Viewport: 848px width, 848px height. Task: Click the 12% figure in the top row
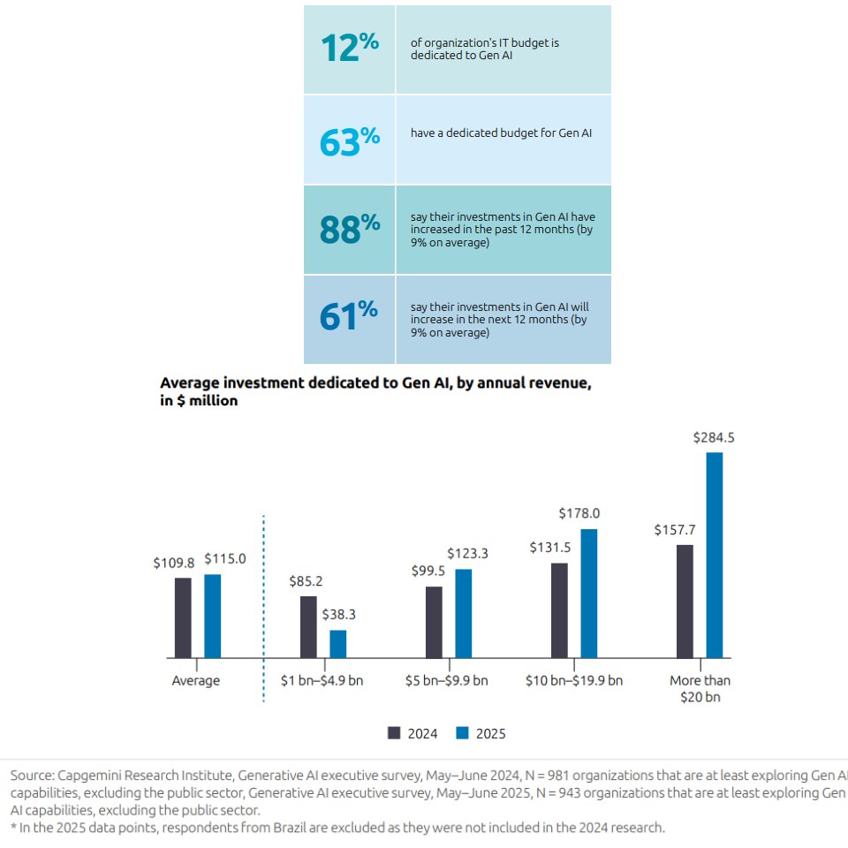coord(350,49)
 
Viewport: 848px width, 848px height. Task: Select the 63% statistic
coord(350,140)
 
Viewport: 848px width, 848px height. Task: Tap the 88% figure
coord(350,229)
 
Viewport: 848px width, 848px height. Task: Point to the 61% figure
coord(350,317)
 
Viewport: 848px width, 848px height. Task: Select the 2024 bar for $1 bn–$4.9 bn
coord(308,627)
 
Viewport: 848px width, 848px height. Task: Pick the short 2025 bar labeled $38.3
coord(337,644)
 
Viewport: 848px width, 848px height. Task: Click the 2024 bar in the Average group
coord(183,617)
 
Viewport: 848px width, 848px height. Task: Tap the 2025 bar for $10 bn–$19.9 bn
coord(588,594)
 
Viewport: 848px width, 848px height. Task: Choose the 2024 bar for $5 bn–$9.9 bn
coord(434,622)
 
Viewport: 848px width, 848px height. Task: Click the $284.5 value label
coord(714,437)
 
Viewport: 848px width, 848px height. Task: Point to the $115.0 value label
coord(225,559)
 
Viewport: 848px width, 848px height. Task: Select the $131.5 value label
coord(550,548)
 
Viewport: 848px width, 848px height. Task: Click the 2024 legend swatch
coord(395,733)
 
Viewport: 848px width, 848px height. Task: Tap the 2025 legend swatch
coord(462,733)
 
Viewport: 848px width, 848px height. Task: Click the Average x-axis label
coord(196,681)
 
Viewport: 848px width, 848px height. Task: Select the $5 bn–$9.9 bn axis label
coord(449,681)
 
